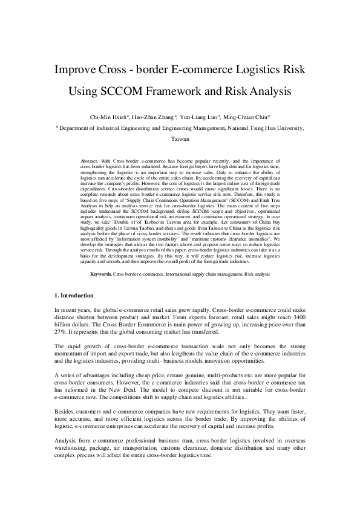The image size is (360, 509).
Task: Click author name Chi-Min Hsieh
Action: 123,117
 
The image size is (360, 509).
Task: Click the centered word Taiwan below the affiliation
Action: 180,138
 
